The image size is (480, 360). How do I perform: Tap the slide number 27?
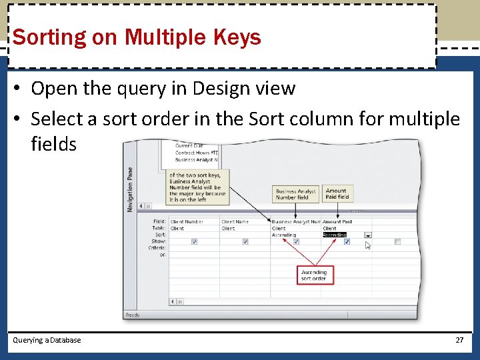pyautogui.click(x=459, y=340)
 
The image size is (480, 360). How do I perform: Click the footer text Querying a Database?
pyautogui.click(x=47, y=340)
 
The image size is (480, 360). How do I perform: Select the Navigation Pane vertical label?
pyautogui.click(x=130, y=191)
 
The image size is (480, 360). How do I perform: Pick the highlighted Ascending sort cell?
pyautogui.click(x=335, y=235)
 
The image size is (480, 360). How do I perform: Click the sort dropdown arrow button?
pyautogui.click(x=367, y=235)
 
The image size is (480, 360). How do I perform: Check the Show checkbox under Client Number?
pyautogui.click(x=194, y=241)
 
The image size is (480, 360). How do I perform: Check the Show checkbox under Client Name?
pyautogui.click(x=245, y=241)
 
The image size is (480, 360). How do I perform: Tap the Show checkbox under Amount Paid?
pyautogui.click(x=347, y=241)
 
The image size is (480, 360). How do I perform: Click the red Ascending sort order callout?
pyautogui.click(x=315, y=275)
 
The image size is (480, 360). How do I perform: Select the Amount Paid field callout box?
pyautogui.click(x=337, y=193)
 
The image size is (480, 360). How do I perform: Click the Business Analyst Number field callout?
pyautogui.click(x=296, y=194)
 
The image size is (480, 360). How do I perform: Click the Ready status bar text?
pyautogui.click(x=133, y=315)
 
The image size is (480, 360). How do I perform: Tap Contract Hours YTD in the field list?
pyautogui.click(x=197, y=153)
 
